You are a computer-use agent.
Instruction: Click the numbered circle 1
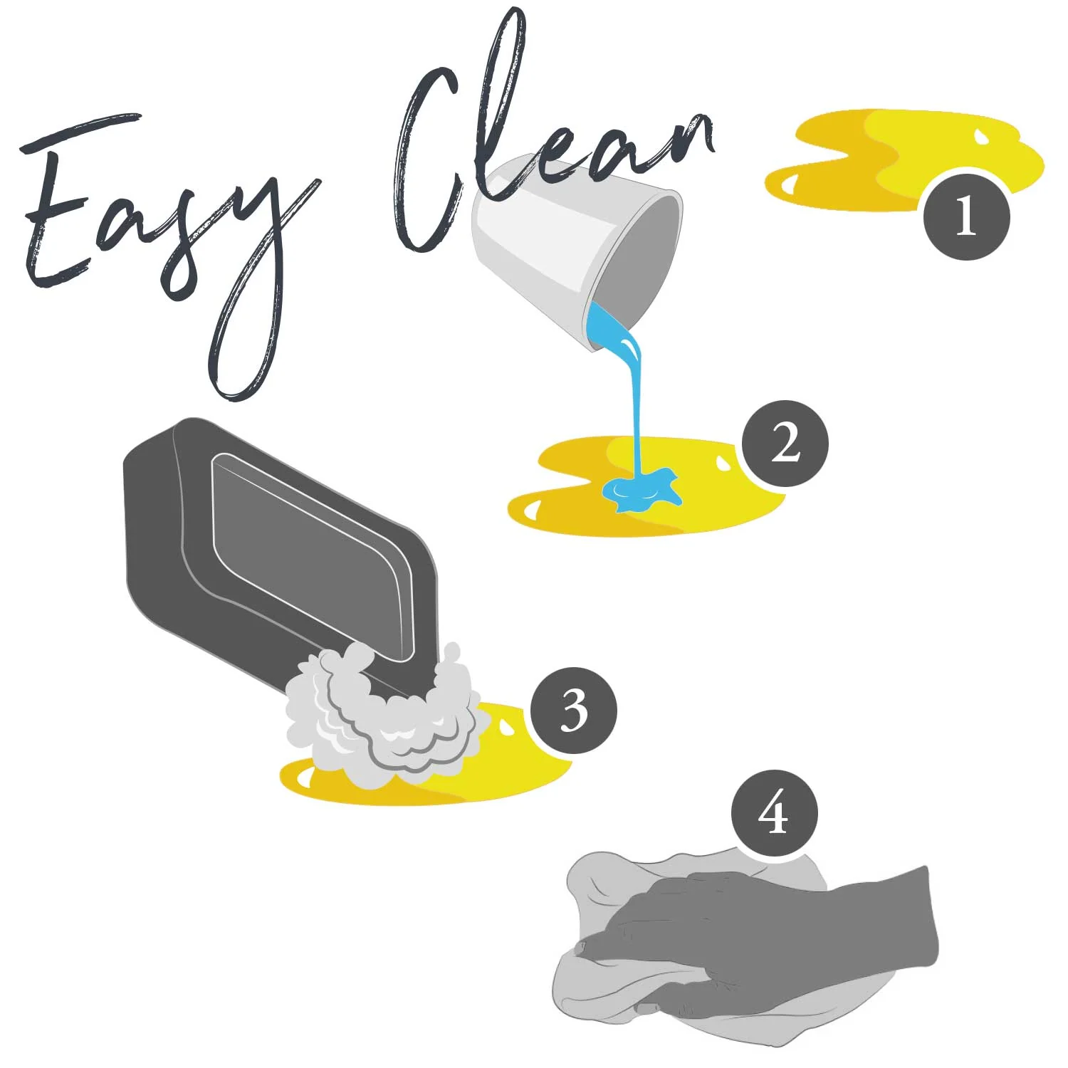coord(966,216)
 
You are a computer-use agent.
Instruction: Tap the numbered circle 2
coord(785,444)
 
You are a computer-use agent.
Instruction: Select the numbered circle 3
coord(574,710)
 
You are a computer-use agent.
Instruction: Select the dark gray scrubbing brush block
coord(281,548)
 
